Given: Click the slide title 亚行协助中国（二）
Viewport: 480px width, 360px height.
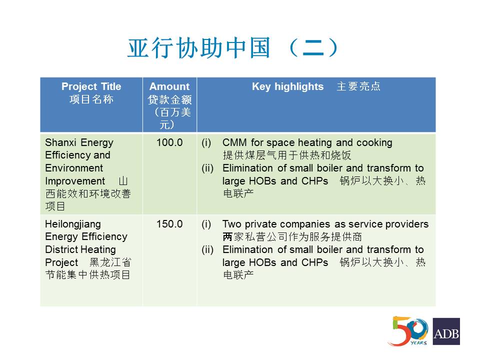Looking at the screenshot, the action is pos(232,48).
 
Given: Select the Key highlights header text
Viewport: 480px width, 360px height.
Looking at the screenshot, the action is pos(288,86).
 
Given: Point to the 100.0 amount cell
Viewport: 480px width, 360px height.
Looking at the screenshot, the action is pos(169,142).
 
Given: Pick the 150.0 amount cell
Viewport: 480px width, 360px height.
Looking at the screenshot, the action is pos(169,224).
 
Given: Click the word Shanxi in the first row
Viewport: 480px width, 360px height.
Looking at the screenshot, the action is pos(60,142).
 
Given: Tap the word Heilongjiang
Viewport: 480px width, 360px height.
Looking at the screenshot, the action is pos(73,224).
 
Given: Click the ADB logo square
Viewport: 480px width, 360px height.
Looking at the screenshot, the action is pos(446,331).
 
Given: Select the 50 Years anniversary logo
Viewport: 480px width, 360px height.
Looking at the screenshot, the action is pos(408,331).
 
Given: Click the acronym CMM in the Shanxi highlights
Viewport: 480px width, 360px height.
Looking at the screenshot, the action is pos(234,142).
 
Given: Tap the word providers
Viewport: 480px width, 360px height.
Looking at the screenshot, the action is pos(407,224).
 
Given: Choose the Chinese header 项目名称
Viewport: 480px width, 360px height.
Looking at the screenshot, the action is pos(91,99).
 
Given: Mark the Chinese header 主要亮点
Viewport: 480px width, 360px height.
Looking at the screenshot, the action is pos(358,86).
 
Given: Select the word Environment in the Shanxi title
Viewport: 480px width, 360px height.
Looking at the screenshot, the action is pos(74,168).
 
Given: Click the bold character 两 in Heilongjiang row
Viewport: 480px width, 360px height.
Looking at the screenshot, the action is pos(227,236).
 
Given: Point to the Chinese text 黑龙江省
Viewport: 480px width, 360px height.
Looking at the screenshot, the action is pos(110,262).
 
